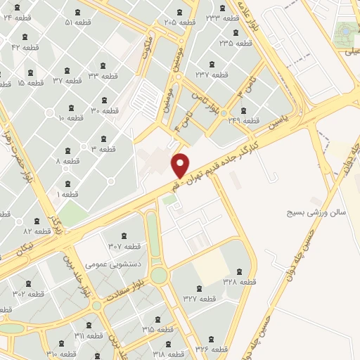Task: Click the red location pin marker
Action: point(181,165)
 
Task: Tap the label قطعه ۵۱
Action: point(78,22)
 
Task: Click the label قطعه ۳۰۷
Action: point(124,246)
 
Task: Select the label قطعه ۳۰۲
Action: point(28,293)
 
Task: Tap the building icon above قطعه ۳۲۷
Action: point(198,288)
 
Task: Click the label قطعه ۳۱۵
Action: point(157,329)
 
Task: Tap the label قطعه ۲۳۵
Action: point(235,43)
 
